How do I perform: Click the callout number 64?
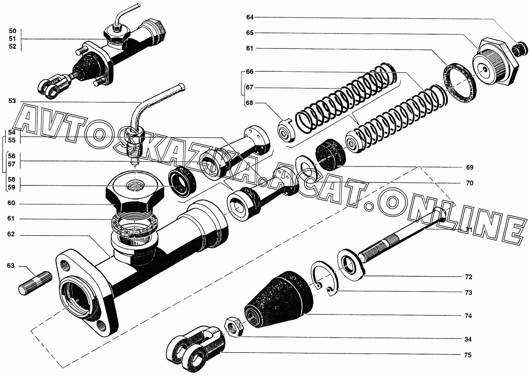pyautogui.click(x=249, y=17)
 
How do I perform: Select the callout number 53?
pyautogui.click(x=12, y=101)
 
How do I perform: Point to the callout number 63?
pyautogui.click(x=11, y=266)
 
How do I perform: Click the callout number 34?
pyautogui.click(x=468, y=339)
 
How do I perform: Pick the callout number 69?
pyautogui.click(x=470, y=167)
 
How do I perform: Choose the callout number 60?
pyautogui.click(x=11, y=203)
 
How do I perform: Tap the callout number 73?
pyautogui.click(x=468, y=293)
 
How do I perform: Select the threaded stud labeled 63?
pyautogui.click(x=35, y=283)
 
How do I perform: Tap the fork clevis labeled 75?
pyautogui.click(x=196, y=347)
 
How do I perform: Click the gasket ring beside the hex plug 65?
pyautogui.click(x=459, y=86)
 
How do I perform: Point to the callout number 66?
pyautogui.click(x=249, y=72)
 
